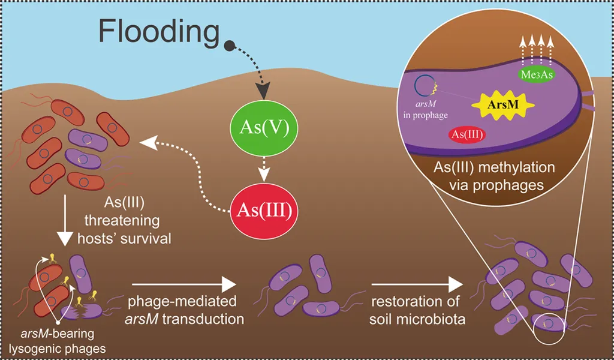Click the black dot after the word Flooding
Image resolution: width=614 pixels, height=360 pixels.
229,46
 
